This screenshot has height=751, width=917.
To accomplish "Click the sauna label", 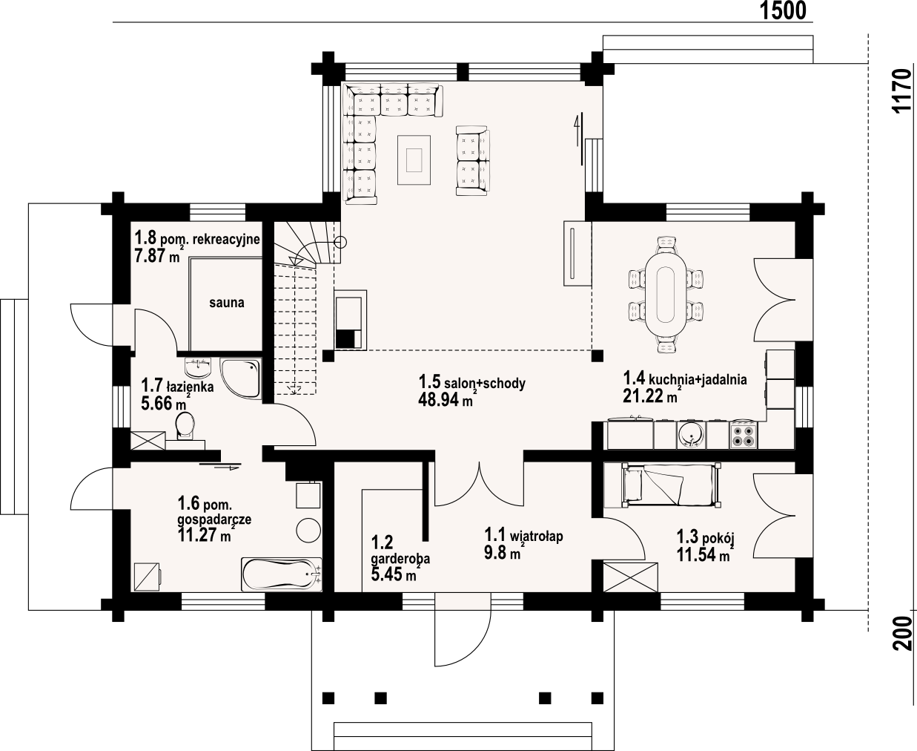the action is [x=227, y=303].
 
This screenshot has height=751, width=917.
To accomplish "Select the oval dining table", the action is [x=666, y=295].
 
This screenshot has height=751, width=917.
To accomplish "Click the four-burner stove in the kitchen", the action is [x=743, y=434].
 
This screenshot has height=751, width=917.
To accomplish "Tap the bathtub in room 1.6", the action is [x=281, y=574].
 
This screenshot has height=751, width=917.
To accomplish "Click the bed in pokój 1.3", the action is [x=669, y=486].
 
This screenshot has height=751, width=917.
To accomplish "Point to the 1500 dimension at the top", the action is [x=783, y=10].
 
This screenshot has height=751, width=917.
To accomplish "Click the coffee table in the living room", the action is [x=414, y=160].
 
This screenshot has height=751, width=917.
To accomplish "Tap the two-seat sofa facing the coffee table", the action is [x=473, y=160].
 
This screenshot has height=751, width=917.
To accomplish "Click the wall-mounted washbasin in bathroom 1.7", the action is [x=198, y=368].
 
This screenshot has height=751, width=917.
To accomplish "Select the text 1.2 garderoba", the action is [x=400, y=551].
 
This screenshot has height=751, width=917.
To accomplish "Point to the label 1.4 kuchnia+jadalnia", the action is [x=685, y=378].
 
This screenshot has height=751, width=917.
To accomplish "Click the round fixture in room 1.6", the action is [x=308, y=531].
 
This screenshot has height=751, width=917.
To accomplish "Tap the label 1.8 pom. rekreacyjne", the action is [x=197, y=238].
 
